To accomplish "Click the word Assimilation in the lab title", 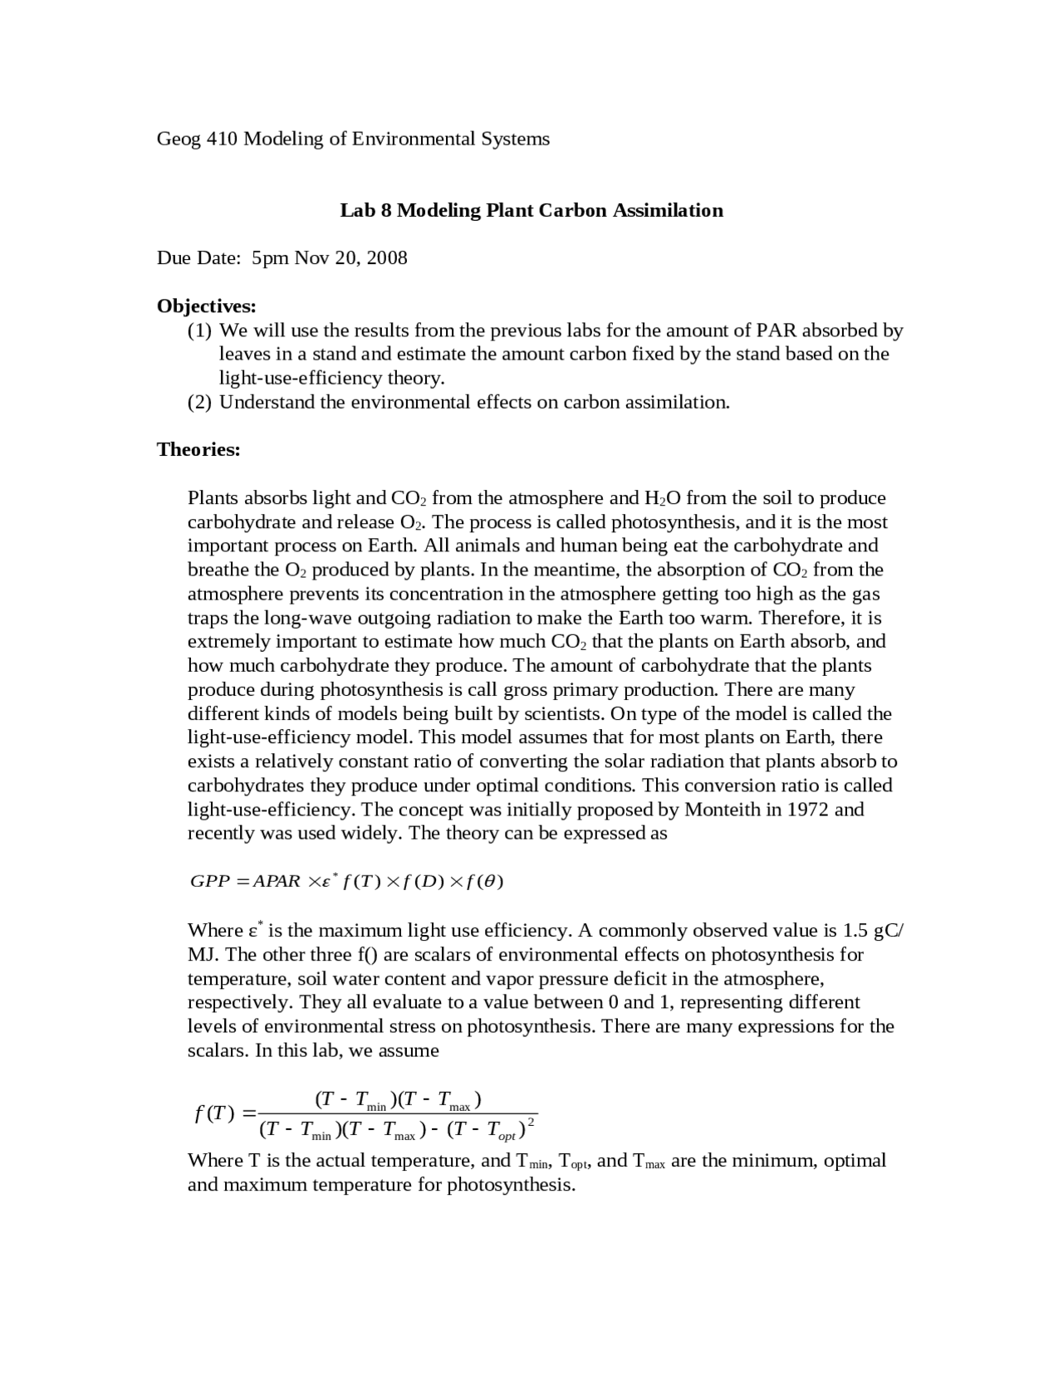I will coord(668,210).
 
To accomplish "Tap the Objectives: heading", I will coord(206,306).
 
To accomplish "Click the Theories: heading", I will coord(198,449).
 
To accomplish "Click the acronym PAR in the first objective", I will coord(776,330).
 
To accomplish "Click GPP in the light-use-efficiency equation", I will coord(209,881).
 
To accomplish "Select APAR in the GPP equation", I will coord(277,881).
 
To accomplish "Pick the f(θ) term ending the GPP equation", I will coord(485,881).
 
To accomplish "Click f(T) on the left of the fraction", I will coord(214,1113).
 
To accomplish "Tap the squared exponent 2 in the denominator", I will coord(531,1122).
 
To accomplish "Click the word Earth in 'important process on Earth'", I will coord(394,546).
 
